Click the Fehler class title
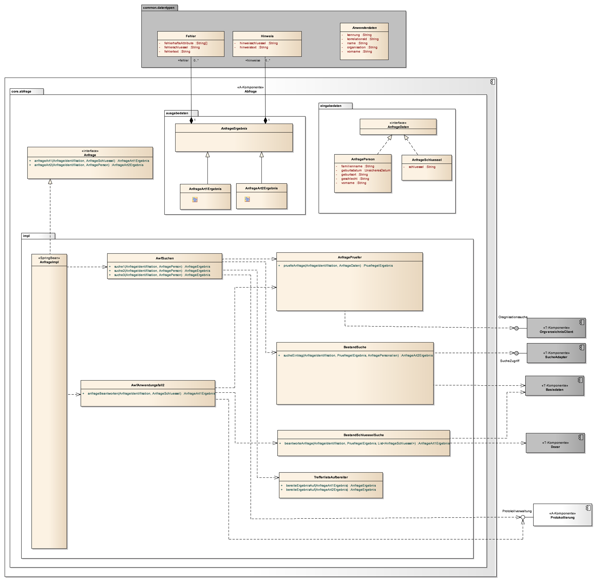[x=190, y=36]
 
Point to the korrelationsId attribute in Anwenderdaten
[x=362, y=39]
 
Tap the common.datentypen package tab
[x=159, y=8]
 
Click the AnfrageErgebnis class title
[x=234, y=128]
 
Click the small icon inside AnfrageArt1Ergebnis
[x=195, y=199]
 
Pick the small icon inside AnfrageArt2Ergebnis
[x=247, y=199]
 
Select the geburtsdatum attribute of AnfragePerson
[x=365, y=170]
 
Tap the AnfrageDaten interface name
[x=398, y=127]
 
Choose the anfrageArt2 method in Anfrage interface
[x=89, y=165]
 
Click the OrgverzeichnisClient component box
[x=556, y=328]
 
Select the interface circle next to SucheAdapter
[x=516, y=353]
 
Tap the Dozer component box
[x=555, y=443]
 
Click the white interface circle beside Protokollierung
[x=523, y=518]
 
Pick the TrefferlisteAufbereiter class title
[x=331, y=477]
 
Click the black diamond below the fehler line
[x=191, y=120]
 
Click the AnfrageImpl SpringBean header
[x=49, y=260]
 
